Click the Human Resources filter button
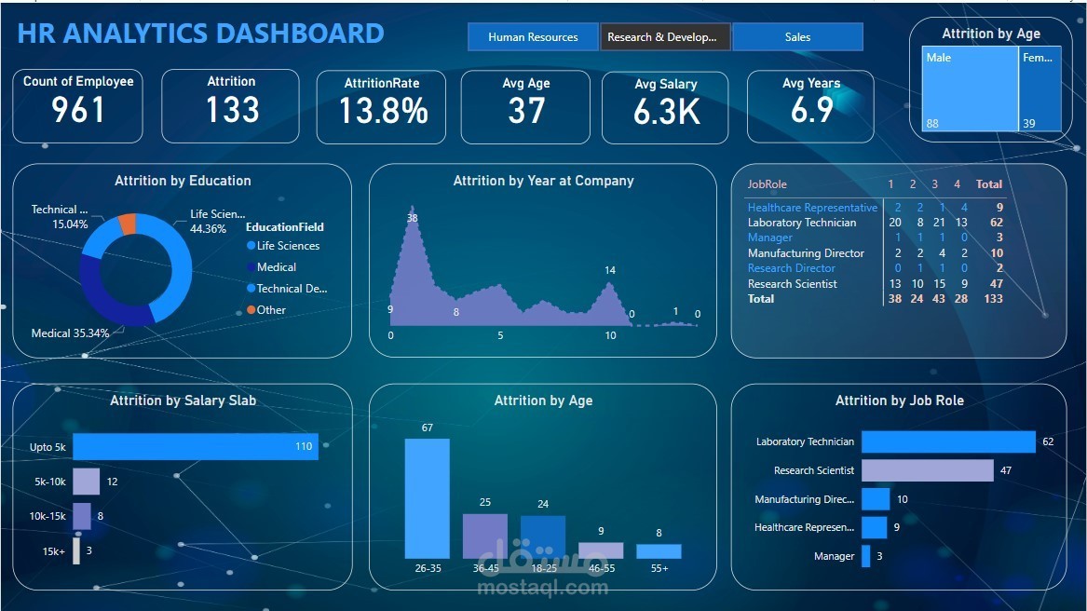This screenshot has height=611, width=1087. (533, 37)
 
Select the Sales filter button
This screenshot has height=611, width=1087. (797, 37)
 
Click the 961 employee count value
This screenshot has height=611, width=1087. (78, 111)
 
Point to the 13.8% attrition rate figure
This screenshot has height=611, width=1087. (382, 112)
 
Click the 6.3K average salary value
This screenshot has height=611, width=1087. (666, 113)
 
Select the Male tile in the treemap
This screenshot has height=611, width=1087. (970, 88)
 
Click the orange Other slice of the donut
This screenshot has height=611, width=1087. (129, 224)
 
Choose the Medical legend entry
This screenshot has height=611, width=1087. (276, 267)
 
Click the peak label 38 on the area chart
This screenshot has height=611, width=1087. (412, 218)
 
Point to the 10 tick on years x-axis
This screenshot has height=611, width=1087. (610, 335)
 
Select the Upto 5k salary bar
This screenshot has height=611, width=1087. (195, 447)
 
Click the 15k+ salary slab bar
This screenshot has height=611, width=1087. (76, 550)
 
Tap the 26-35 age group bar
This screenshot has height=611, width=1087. (427, 498)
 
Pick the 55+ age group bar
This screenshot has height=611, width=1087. (659, 551)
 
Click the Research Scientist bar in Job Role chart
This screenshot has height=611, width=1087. (927, 470)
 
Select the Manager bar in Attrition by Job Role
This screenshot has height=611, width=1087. (865, 556)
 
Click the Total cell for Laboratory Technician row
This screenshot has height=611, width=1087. (996, 223)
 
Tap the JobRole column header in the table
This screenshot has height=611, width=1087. (767, 184)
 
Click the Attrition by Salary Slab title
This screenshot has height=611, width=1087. (183, 401)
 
